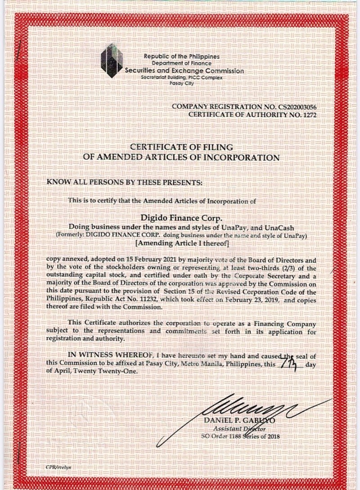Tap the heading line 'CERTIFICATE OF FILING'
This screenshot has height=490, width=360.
point(181,147)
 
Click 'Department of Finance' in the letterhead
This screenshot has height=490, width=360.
point(181,64)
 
